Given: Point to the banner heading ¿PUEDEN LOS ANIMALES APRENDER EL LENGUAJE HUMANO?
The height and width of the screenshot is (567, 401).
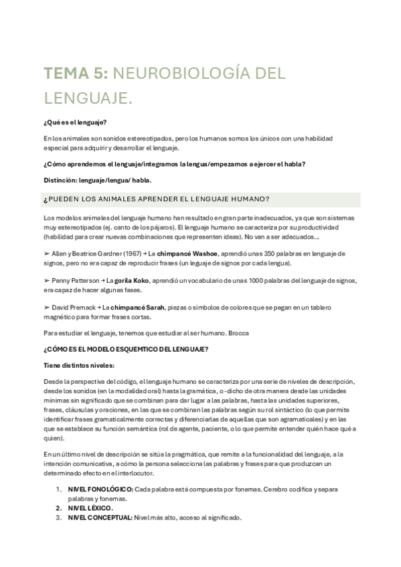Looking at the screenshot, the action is click(x=156, y=200).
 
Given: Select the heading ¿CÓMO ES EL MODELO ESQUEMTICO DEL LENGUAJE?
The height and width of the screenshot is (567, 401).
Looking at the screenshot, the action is click(x=125, y=349).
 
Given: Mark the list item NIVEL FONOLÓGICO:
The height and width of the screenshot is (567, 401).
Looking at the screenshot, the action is click(x=102, y=489).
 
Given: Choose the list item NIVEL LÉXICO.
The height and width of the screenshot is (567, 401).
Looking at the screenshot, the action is click(x=91, y=507).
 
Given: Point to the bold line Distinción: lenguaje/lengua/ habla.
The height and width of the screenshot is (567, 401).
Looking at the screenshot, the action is click(x=97, y=180).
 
